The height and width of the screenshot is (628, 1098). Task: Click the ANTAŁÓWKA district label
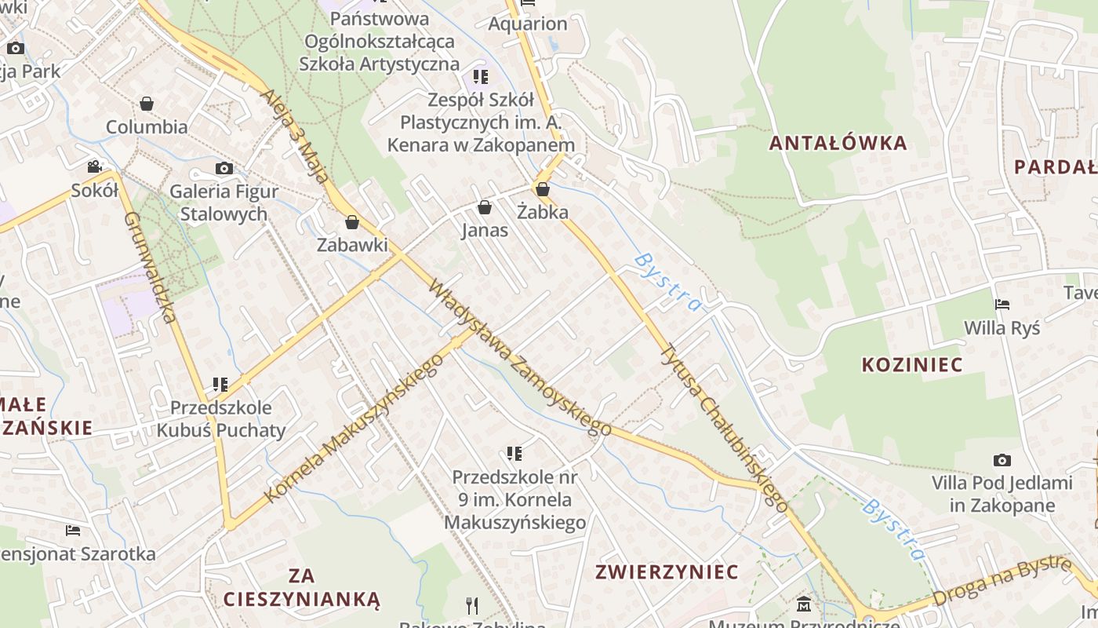coord(838,143)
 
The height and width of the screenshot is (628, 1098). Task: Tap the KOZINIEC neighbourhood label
coord(912,364)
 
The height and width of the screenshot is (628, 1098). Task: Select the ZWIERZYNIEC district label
coord(667,571)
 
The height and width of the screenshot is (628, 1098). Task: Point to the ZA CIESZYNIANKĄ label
coord(302,588)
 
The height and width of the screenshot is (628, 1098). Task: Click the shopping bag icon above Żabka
coord(542,189)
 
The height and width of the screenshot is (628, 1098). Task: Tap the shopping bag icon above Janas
coord(485,207)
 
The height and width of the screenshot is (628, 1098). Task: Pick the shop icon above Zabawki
coord(352,222)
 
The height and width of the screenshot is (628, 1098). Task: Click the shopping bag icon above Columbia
coord(147,104)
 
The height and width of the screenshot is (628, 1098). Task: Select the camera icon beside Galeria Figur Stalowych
coord(224,168)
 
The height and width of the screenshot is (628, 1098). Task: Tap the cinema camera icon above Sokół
coord(95,166)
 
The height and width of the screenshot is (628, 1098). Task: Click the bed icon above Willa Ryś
coord(1002,305)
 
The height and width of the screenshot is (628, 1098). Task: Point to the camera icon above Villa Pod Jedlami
coord(1002,460)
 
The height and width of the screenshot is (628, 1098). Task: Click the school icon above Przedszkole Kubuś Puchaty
coord(220,385)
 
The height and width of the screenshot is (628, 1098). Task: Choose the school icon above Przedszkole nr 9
coord(514,453)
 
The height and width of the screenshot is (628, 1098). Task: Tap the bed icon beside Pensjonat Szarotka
coord(73,531)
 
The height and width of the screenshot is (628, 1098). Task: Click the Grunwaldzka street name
coord(149,267)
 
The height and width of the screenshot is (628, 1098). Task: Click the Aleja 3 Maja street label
coord(296,135)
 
